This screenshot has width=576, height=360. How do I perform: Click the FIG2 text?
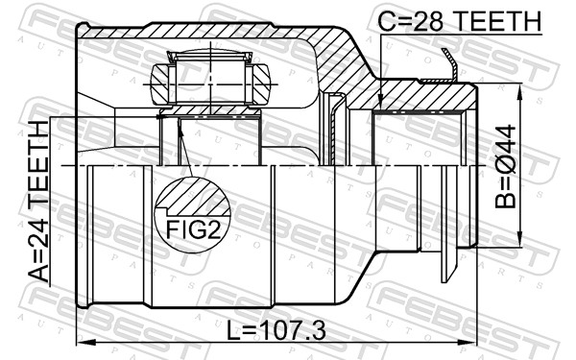(192, 229)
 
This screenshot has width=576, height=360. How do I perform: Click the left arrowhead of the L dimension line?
(81, 343)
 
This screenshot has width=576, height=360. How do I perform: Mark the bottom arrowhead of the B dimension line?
(520, 246)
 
